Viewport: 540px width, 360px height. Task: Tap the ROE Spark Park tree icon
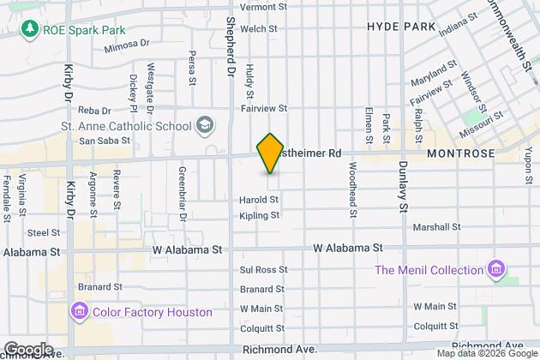(x=31, y=30)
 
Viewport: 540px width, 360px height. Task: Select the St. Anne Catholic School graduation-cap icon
(x=205, y=126)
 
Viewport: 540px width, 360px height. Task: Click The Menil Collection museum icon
(x=495, y=271)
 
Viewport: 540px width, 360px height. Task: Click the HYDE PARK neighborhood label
(x=401, y=27)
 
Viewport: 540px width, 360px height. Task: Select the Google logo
(x=28, y=349)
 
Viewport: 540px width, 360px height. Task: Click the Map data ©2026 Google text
(x=486, y=353)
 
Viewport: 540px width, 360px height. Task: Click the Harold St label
(x=259, y=200)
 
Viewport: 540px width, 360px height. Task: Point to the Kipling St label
(x=259, y=216)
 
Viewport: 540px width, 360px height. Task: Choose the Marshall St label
(x=437, y=227)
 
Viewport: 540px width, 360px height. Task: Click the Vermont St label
(x=263, y=7)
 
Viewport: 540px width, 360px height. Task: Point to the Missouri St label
(x=503, y=135)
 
